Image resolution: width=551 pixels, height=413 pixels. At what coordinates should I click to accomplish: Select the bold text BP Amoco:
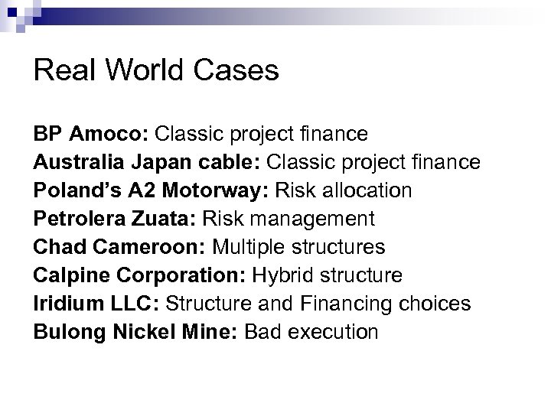click(91, 135)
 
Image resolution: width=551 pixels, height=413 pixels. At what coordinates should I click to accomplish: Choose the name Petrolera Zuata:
click(113, 220)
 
